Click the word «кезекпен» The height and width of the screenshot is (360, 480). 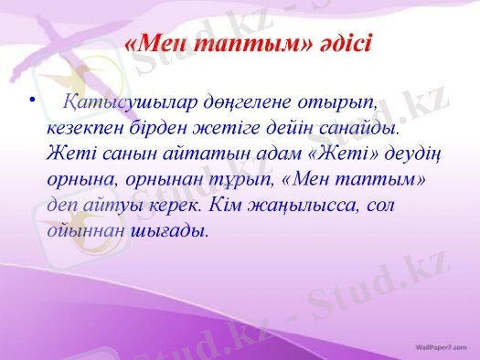[86, 128]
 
